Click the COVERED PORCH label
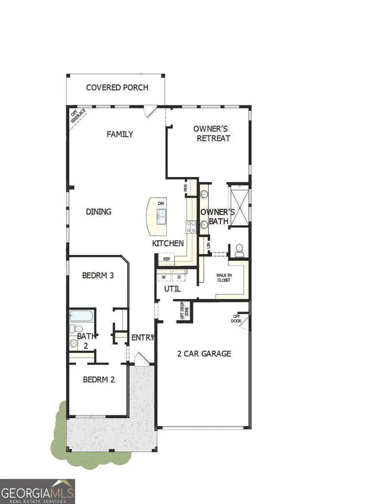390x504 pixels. point(117,87)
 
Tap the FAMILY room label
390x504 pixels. point(120,134)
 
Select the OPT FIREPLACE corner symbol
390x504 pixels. point(78,116)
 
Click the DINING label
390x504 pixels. point(98,212)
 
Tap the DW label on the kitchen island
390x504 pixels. point(161,203)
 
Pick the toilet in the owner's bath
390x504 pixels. point(239,250)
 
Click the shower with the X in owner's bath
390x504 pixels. point(240,205)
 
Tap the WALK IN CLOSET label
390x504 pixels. point(224,277)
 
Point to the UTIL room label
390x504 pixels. point(172,289)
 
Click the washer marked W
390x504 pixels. point(164,276)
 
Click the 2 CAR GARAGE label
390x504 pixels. point(204,353)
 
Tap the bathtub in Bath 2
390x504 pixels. point(81,316)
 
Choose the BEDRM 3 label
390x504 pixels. point(98,275)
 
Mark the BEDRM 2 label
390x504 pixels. point(99,379)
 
